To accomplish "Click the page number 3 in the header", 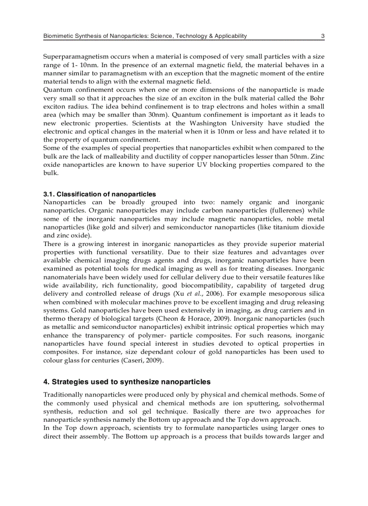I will coord(323,36).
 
